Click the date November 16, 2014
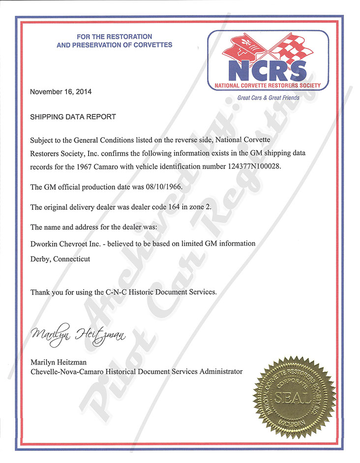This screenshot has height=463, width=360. pyautogui.click(x=61, y=92)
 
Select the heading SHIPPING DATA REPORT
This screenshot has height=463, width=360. pyautogui.click(x=73, y=117)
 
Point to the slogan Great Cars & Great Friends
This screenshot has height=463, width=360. pyautogui.click(x=269, y=98)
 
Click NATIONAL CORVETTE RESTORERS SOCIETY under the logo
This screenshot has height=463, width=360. pyautogui.click(x=268, y=86)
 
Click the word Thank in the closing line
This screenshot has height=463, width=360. pyautogui.click(x=41, y=292)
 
